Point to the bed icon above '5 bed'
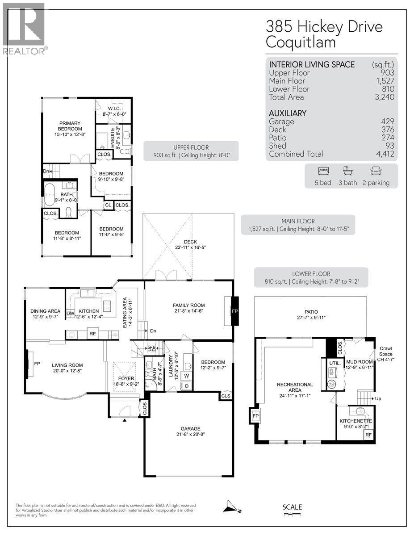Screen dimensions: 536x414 tap(323, 171)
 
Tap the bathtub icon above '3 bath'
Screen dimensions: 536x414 tap(348, 171)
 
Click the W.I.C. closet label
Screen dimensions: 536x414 tap(113, 109)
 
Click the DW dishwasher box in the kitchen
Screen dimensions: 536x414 tap(70, 314)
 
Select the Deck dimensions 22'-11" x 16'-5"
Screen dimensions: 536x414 tap(188, 247)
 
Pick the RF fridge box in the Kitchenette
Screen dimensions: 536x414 tap(368, 434)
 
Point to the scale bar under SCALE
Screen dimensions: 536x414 tap(292, 515)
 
